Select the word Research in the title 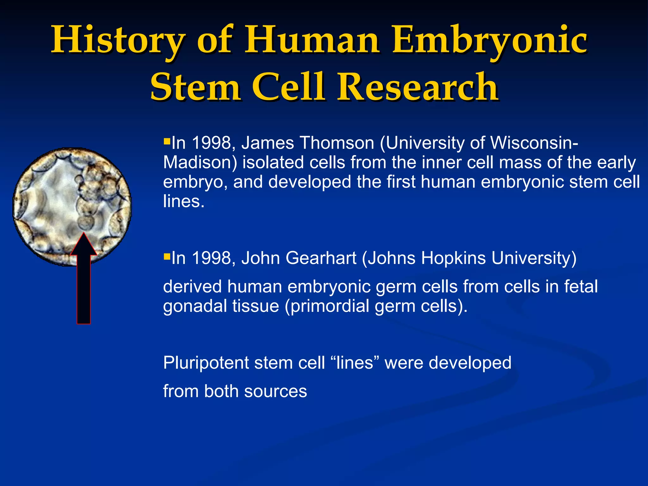click(417, 87)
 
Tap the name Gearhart click(321, 258)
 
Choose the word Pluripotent click(206, 363)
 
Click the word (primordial click(327, 306)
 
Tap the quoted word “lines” click(354, 363)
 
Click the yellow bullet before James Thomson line click(167, 140)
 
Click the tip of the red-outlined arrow click(84, 234)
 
